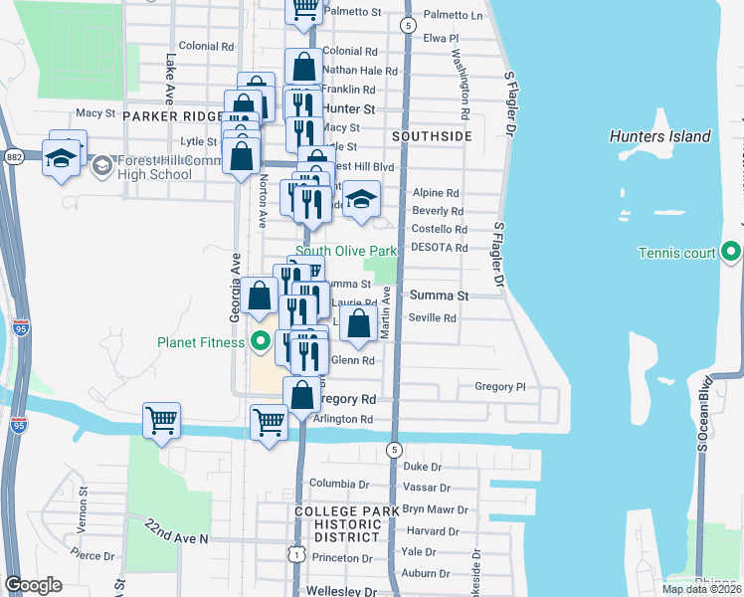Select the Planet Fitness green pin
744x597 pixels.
tap(262, 343)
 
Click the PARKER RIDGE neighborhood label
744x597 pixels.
tap(173, 116)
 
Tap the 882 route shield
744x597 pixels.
tap(14, 156)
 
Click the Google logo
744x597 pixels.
tap(33, 584)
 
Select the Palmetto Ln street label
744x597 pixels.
tap(453, 16)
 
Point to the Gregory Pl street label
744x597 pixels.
tap(499, 387)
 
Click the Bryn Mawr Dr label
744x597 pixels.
tap(427, 509)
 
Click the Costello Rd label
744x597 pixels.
tap(439, 229)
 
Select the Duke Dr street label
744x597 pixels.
tap(422, 467)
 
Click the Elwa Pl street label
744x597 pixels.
tap(440, 38)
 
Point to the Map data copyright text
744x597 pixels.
tap(701, 589)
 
